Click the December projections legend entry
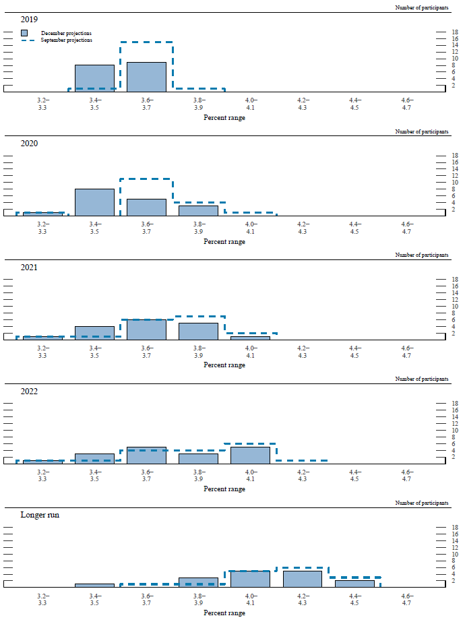click(66, 32)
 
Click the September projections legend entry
click(66, 40)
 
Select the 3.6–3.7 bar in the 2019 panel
click(146, 77)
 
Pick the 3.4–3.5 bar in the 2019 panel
click(94, 78)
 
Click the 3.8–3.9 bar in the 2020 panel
click(198, 210)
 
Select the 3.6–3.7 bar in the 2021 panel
click(146, 330)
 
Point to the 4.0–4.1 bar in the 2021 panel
click(250, 338)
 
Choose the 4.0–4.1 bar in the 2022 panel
click(250, 455)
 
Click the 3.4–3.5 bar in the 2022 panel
click(94, 458)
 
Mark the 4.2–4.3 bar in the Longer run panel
click(302, 579)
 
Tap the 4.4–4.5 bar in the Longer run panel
click(354, 584)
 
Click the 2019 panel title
click(30, 20)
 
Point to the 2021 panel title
click(30, 267)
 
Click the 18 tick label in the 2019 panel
click(455, 32)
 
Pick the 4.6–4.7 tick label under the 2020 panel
click(406, 227)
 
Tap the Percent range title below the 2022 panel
click(224, 489)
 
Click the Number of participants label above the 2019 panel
click(421, 7)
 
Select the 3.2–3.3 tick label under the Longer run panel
click(42, 599)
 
